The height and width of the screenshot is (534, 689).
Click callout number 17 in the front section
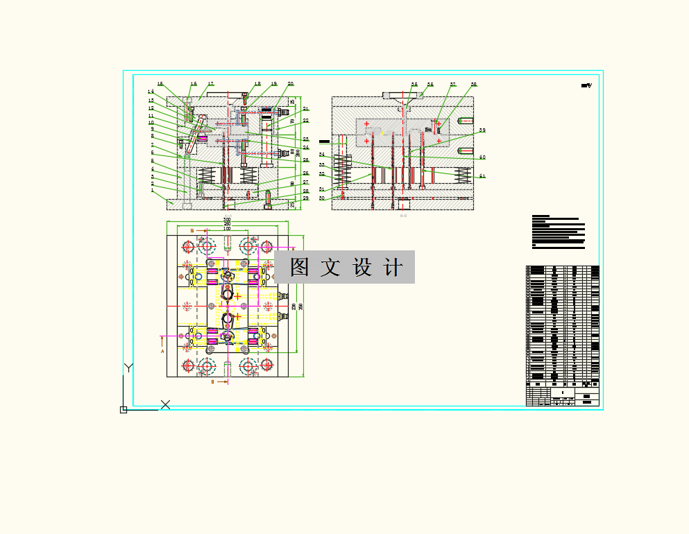pos(211,84)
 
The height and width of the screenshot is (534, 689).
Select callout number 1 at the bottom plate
pos(152,191)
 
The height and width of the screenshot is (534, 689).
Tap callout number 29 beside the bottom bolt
pos(306,198)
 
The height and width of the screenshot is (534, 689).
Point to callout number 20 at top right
pos(291,84)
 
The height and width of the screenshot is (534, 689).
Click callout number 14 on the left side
pos(151,92)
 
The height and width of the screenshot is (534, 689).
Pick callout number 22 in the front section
pos(306,121)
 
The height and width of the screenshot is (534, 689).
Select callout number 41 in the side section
pos(482,176)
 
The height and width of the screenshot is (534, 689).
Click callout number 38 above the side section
pos(474,85)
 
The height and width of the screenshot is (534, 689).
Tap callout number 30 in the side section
pos(322,198)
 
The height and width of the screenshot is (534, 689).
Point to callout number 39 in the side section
pos(482,130)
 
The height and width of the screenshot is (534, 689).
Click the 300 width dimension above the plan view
pos(227,220)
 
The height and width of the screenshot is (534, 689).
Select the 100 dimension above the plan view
pos(227,229)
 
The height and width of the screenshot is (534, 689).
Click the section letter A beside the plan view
pos(162,351)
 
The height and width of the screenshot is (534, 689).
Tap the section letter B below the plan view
pos(212,381)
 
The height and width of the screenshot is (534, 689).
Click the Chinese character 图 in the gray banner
pos(299,268)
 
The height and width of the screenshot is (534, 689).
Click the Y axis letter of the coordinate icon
pos(128,368)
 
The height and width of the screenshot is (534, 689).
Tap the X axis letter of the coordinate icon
pos(165,404)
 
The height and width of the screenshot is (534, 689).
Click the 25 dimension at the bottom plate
pos(292,205)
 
